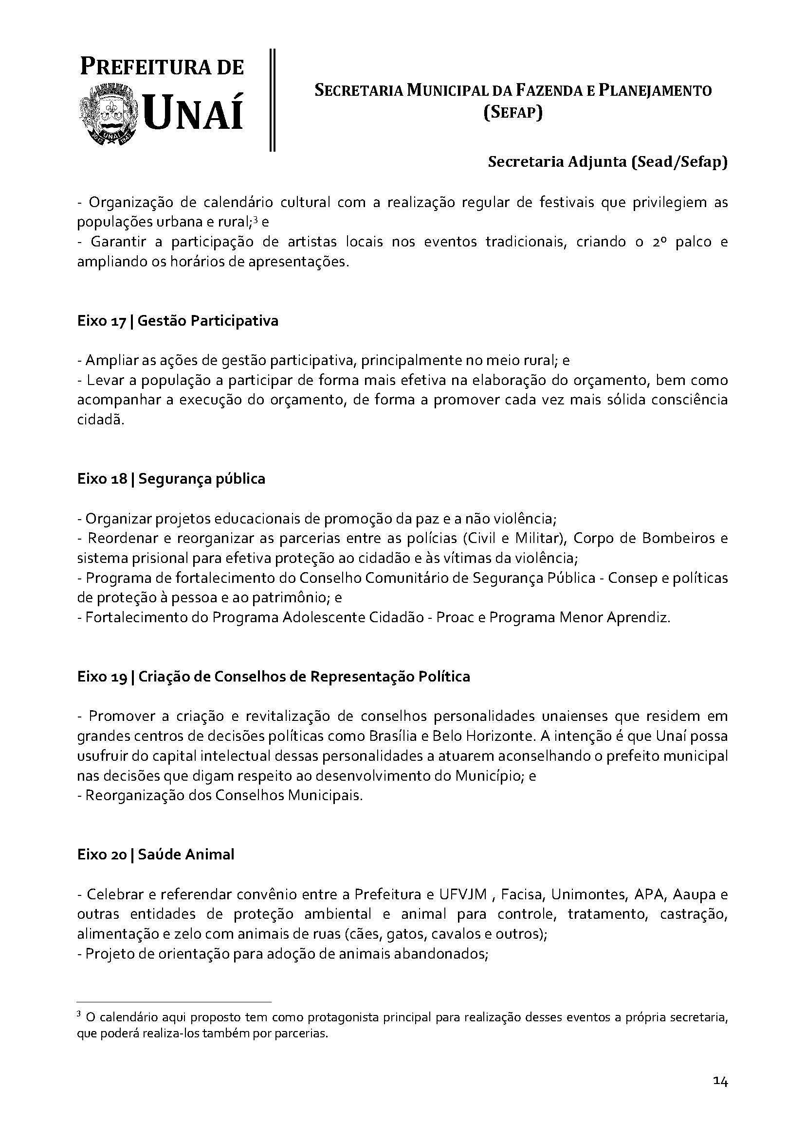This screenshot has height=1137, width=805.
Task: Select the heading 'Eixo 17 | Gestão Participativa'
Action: click(178, 321)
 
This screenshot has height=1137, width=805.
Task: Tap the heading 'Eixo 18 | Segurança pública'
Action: click(171, 479)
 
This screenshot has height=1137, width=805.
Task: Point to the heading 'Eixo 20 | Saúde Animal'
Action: click(156, 855)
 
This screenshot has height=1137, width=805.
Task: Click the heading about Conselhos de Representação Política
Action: click(274, 677)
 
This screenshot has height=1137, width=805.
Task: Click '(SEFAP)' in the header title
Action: click(513, 113)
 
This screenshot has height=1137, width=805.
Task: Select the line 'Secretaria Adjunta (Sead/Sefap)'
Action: click(608, 162)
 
